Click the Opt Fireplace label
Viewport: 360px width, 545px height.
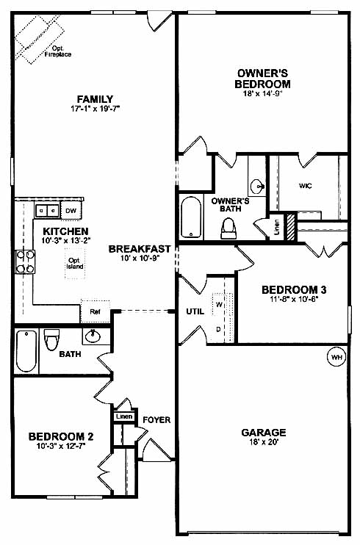pyautogui.click(x=58, y=51)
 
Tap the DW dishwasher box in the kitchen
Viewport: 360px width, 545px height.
pyautogui.click(x=71, y=211)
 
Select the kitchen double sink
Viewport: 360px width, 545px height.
pyautogui.click(x=46, y=211)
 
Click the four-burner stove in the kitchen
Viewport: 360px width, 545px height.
pyautogui.click(x=26, y=261)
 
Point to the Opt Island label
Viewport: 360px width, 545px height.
pyautogui.click(x=75, y=264)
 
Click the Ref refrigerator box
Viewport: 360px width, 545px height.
pyautogui.click(x=96, y=311)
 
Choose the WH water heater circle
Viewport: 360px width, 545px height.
pyautogui.click(x=336, y=357)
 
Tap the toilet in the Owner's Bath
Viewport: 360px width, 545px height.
pyautogui.click(x=229, y=228)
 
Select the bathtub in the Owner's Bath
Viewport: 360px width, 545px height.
pyautogui.click(x=191, y=217)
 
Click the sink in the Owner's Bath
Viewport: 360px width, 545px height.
pyautogui.click(x=256, y=186)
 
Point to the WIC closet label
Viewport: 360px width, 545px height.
pyautogui.click(x=306, y=186)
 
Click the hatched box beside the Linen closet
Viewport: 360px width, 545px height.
pyautogui.click(x=290, y=227)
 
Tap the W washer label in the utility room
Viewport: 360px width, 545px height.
pyautogui.click(x=219, y=305)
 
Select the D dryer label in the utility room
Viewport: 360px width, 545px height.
pyautogui.click(x=218, y=329)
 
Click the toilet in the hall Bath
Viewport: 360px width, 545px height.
pyautogui.click(x=51, y=339)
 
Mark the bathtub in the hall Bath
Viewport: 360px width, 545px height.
pyautogui.click(x=26, y=351)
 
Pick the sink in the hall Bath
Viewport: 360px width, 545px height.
pyautogui.click(x=93, y=336)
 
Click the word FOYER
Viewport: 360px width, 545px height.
pyautogui.click(x=157, y=420)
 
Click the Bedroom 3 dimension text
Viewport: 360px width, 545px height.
pyautogui.click(x=294, y=299)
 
